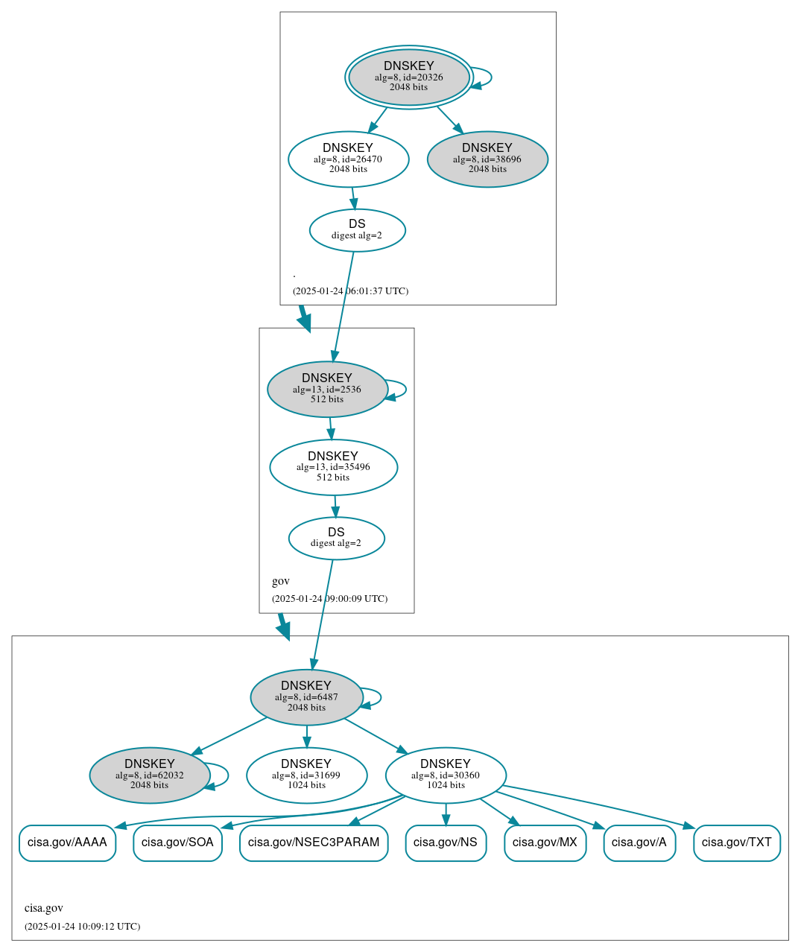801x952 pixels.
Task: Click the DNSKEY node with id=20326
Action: pos(408,77)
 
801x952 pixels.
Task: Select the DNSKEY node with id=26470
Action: pos(348,159)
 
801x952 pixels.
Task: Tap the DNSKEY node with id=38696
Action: pos(487,159)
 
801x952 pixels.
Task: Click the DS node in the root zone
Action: pos(357,230)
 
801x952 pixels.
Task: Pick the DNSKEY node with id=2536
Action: pos(327,389)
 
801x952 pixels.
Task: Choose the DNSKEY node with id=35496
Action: pos(333,467)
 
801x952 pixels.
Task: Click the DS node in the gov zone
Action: pos(336,538)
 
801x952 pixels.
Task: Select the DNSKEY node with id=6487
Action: pos(306,697)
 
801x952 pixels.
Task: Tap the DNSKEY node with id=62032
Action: pos(150,775)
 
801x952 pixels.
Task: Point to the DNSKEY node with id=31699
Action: pos(306,775)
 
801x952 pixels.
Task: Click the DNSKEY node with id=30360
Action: pos(446,775)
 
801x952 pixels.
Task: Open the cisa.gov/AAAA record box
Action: pos(67,842)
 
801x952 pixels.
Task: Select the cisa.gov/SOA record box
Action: pos(177,842)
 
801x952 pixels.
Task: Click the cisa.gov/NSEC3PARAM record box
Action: pos(314,842)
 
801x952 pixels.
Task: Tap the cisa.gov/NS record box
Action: pos(446,842)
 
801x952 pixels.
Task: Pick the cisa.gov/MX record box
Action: pos(545,842)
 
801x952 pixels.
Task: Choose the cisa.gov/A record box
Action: pos(639,842)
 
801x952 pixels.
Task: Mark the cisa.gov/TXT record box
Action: pos(736,842)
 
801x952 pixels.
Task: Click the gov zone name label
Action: pos(281,581)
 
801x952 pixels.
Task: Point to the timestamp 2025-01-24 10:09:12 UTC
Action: pos(82,927)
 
